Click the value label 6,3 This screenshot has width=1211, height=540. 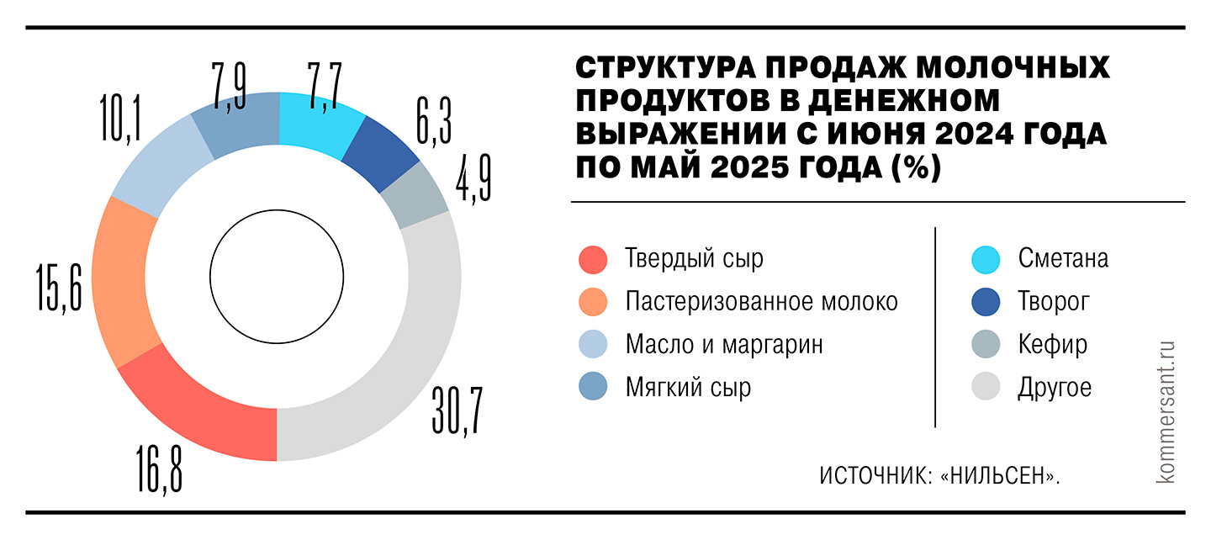433,119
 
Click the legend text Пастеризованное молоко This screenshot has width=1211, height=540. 761,302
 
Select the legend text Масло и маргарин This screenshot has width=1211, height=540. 724,345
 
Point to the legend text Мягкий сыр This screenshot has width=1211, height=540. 688,388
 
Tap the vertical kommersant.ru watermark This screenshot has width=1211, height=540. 1166,411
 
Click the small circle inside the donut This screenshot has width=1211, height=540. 277,276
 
